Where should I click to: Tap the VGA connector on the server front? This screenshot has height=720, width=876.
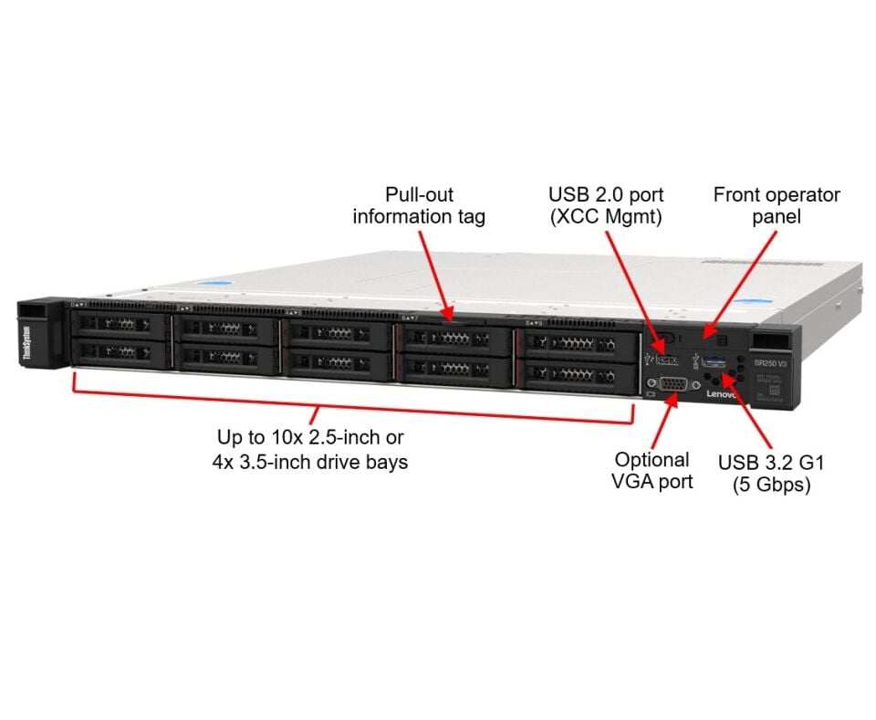(673, 384)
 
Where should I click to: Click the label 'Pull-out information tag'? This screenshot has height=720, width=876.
(419, 205)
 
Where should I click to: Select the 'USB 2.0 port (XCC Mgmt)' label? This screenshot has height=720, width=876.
(606, 205)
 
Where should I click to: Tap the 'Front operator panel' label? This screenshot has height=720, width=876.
(776, 205)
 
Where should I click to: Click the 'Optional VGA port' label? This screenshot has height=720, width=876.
(651, 470)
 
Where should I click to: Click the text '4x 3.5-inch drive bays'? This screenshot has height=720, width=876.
(309, 462)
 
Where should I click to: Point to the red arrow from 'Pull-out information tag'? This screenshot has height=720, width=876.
(435, 274)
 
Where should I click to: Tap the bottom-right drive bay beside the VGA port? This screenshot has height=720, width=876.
(577, 373)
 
